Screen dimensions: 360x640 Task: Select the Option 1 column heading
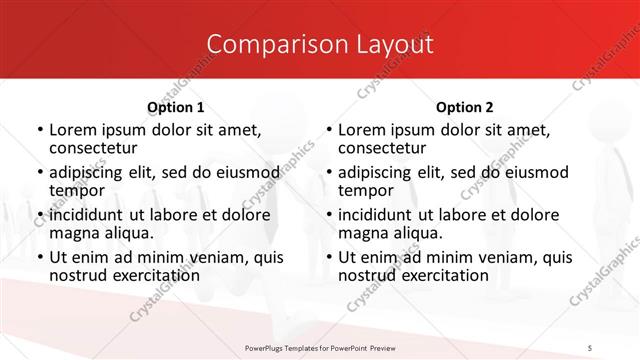(176, 107)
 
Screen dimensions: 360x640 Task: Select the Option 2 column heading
(464, 107)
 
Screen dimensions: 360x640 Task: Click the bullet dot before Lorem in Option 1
(39, 131)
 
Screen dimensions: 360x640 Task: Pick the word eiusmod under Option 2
(538, 173)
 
